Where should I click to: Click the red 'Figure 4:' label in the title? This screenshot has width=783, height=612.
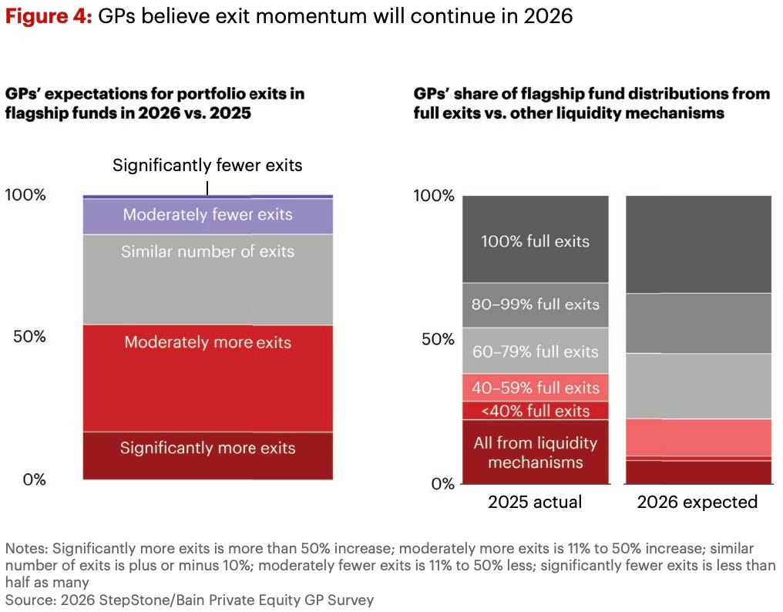click(x=48, y=15)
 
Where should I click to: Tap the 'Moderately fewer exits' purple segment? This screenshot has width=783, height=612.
click(x=207, y=215)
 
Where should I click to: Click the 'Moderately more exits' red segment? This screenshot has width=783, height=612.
click(x=207, y=378)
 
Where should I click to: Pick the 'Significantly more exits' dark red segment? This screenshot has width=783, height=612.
click(x=207, y=456)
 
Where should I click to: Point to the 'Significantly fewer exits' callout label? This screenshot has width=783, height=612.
click(x=207, y=165)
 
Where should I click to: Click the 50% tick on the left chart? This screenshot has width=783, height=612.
click(x=26, y=337)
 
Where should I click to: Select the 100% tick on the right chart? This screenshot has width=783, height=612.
click(x=433, y=196)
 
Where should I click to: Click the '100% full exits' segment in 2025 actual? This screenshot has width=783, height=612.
click(x=535, y=240)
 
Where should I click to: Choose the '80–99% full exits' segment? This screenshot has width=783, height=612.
click(x=535, y=304)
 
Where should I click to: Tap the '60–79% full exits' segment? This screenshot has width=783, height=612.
click(x=535, y=351)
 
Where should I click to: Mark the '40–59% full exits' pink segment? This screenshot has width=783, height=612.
click(x=535, y=387)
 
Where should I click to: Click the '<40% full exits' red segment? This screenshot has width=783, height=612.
click(x=535, y=411)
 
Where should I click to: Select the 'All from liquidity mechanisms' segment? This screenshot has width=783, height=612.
click(x=535, y=452)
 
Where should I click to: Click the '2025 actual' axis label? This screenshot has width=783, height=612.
click(x=535, y=503)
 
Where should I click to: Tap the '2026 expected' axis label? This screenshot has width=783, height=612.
click(x=697, y=503)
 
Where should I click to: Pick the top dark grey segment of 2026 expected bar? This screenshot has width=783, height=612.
click(x=697, y=244)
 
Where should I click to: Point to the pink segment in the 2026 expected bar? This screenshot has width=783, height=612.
click(x=697, y=437)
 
